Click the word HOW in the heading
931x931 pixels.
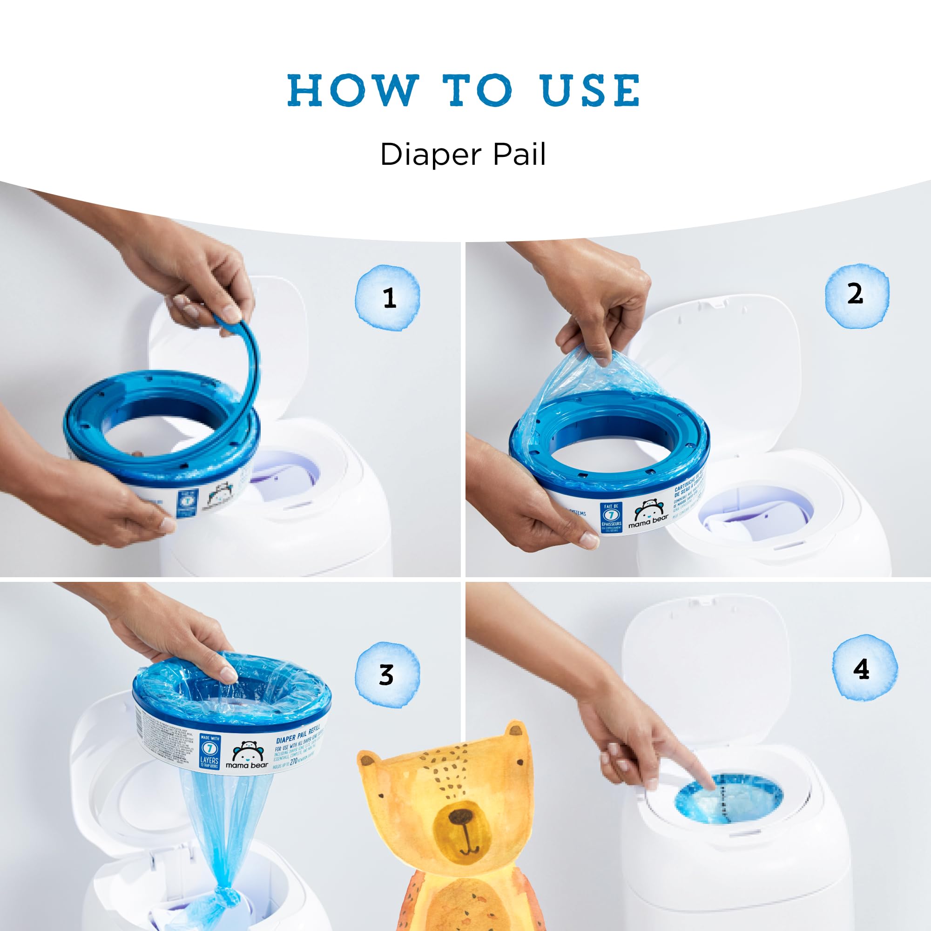click(352, 90)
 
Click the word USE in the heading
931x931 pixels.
click(590, 90)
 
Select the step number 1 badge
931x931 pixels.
click(388, 298)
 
